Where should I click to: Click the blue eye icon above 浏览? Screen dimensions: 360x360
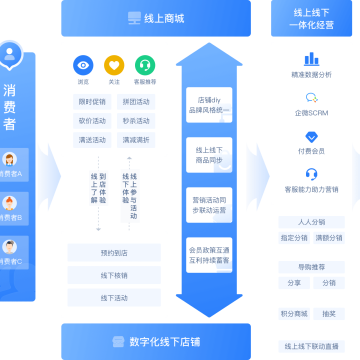83,65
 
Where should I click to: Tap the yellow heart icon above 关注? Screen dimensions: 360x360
114,65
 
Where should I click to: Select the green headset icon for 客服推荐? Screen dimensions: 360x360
145,65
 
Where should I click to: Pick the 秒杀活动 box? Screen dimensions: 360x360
138,121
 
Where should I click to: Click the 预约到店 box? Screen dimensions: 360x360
113,253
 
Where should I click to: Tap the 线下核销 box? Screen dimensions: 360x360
113,275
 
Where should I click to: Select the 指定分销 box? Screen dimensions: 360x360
293,238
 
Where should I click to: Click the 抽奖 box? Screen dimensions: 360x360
329,314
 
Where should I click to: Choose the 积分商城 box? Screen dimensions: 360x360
293,314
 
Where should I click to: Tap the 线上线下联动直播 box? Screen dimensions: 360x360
311,345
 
